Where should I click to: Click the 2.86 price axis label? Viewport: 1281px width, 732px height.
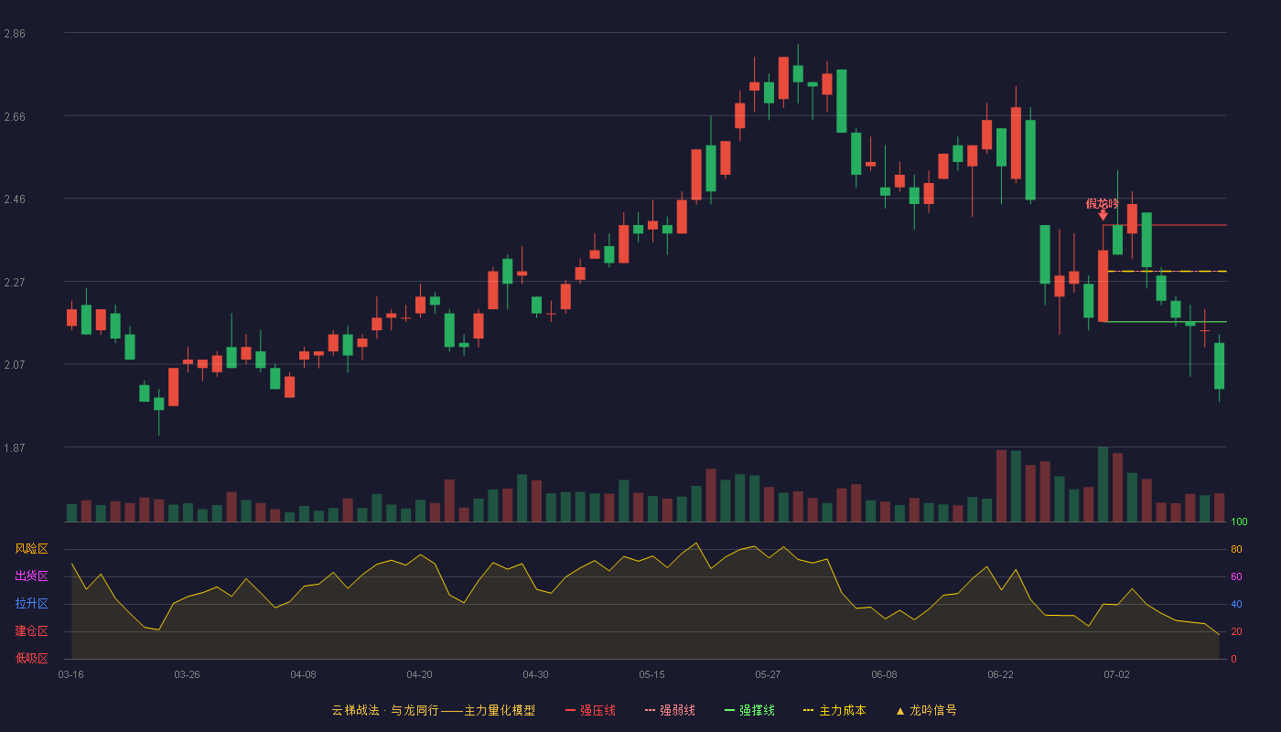[x=15, y=34]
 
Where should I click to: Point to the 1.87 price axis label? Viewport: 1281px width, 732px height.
[x=15, y=447]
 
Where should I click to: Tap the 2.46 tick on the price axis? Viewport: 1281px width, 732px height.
[x=15, y=199]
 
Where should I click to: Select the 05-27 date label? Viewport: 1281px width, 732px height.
[x=768, y=675]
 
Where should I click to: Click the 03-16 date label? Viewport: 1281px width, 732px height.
[x=71, y=675]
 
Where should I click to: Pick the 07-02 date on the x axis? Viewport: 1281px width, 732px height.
[x=1116, y=675]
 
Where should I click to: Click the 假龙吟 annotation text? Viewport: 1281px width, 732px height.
[x=1102, y=203]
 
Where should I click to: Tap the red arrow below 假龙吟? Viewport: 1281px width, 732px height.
[x=1103, y=215]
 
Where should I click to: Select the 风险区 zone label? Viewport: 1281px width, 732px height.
[x=31, y=549]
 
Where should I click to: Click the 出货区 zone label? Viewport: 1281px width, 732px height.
[x=31, y=576]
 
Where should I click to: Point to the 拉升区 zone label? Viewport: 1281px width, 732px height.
[x=31, y=603]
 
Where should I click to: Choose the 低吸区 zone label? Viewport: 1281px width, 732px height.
[x=31, y=658]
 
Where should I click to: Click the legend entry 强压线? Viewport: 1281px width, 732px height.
[x=590, y=710]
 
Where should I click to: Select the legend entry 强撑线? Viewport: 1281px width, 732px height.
[x=749, y=710]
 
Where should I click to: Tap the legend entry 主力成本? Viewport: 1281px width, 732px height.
[x=834, y=710]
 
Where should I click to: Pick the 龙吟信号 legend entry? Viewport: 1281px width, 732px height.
[x=926, y=710]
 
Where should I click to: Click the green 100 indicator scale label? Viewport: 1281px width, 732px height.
[x=1239, y=522]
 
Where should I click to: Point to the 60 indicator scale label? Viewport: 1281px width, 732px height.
[x=1236, y=576]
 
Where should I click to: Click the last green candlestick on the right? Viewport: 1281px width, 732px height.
[x=1219, y=366]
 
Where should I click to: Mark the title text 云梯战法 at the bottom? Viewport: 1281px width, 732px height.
[x=355, y=710]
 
